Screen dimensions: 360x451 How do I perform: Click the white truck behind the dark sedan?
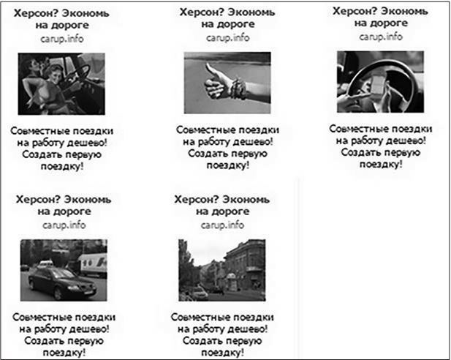(x=91, y=263)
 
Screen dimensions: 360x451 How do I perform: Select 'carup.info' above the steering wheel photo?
(x=378, y=36)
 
